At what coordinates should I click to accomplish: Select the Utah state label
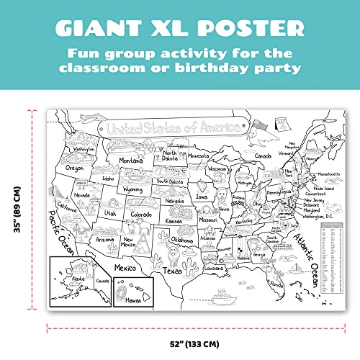[x=110, y=213]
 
